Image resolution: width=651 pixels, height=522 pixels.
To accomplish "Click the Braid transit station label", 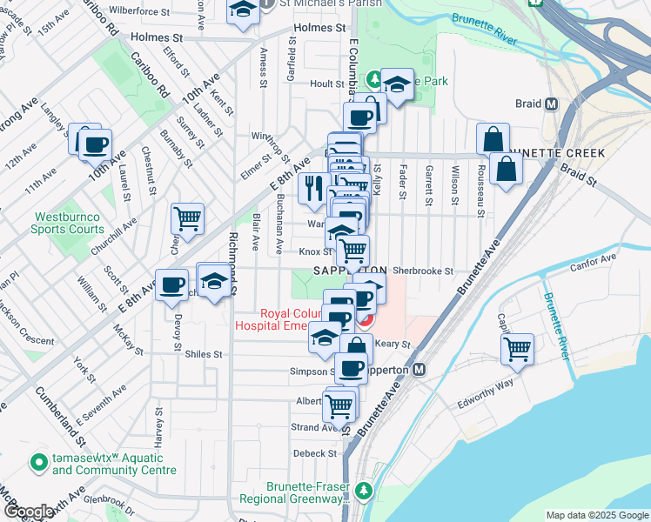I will tap(529, 104).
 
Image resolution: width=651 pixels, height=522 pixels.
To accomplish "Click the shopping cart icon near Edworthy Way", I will tap(518, 350).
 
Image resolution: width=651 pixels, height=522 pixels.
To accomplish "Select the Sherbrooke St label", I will tap(423, 271).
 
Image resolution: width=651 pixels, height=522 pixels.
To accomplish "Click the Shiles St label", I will tap(204, 354).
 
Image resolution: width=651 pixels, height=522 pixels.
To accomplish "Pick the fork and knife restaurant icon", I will tap(312, 187).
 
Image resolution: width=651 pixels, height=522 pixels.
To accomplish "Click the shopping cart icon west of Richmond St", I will tap(187, 217).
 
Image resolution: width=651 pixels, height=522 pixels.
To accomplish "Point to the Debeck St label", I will tap(314, 453).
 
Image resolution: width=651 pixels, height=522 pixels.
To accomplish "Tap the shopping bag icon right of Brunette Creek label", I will tap(506, 169).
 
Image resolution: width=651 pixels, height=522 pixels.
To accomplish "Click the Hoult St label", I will tap(327, 84).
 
